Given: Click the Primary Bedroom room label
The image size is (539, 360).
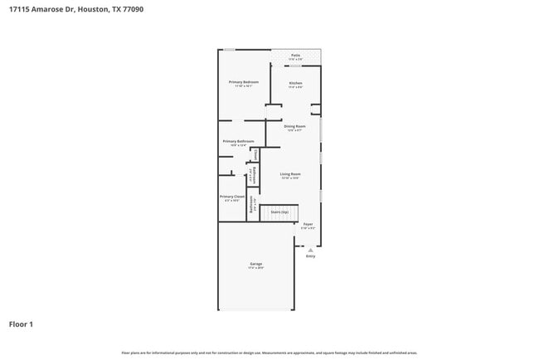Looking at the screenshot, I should click(x=244, y=82).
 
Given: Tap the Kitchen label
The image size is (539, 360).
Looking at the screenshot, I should click(x=295, y=83).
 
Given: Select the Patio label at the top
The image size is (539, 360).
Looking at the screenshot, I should click(x=295, y=56).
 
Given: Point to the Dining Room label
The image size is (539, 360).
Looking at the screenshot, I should click(x=294, y=126).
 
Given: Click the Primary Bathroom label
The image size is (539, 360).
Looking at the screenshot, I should click(x=238, y=141).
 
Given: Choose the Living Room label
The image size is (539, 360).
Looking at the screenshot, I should click(x=289, y=173).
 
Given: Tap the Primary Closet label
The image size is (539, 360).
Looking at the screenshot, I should click(x=232, y=197).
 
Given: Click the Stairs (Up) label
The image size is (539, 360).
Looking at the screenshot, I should click(x=279, y=212).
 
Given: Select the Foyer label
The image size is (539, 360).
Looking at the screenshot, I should click(x=308, y=224).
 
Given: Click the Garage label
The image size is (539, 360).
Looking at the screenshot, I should click(x=256, y=264).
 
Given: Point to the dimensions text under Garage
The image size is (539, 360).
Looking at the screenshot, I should click(x=256, y=268).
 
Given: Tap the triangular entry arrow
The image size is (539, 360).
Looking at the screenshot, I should click(x=310, y=249).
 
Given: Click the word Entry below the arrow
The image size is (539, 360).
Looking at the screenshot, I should click(x=310, y=255).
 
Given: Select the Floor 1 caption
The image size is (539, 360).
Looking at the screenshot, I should click(x=21, y=324).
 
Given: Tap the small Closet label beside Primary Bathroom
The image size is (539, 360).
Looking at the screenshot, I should click(x=256, y=154).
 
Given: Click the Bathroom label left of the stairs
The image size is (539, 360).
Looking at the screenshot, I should click(x=252, y=204).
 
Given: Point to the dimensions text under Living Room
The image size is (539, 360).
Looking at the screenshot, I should click(x=289, y=178).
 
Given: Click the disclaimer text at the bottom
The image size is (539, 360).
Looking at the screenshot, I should click(x=269, y=353).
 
